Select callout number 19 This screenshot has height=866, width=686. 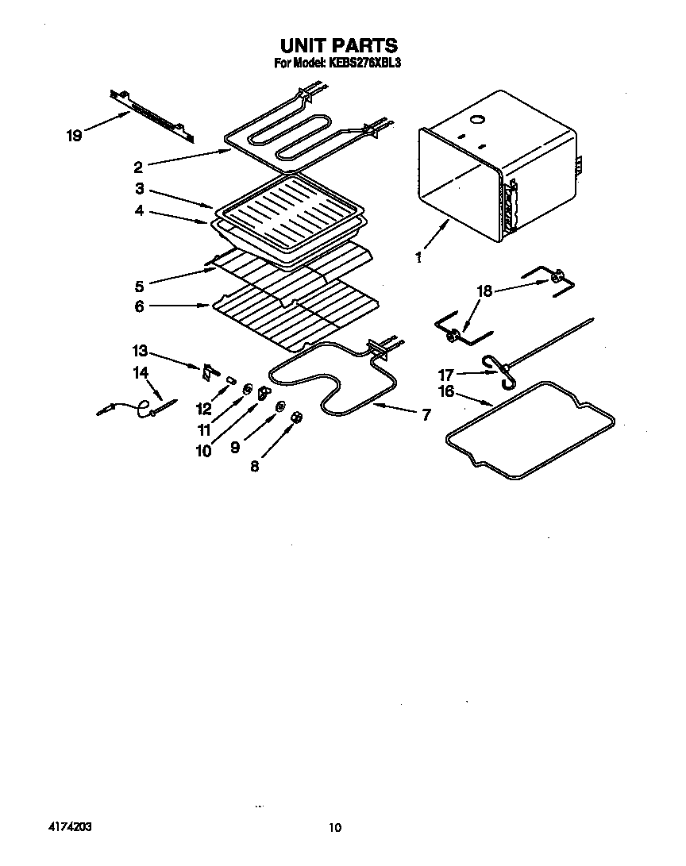click(x=74, y=136)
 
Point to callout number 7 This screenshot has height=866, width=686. click(x=426, y=414)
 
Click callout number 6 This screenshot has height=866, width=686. click(x=140, y=306)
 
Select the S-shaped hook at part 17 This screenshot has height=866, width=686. click(x=498, y=370)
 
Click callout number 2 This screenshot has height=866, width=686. click(x=138, y=167)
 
